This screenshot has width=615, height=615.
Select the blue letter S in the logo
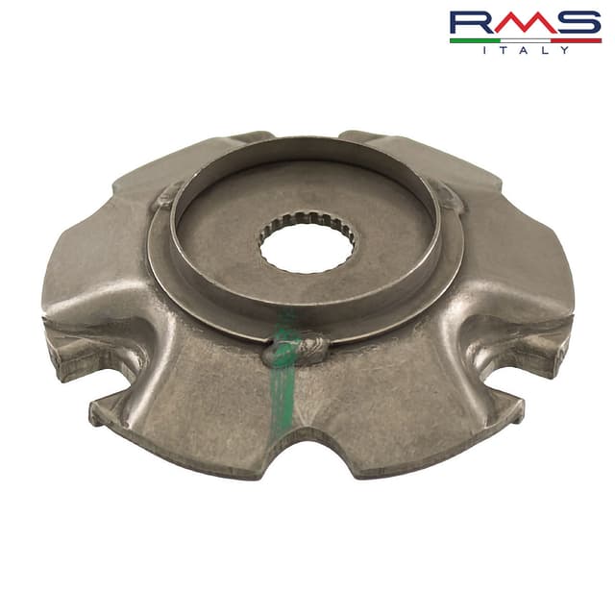click(x=577, y=23)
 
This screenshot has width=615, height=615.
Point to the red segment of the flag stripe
click(x=577, y=40)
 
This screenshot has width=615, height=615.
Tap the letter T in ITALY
click(x=505, y=50)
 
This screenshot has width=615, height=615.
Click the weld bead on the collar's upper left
click(x=168, y=197)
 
